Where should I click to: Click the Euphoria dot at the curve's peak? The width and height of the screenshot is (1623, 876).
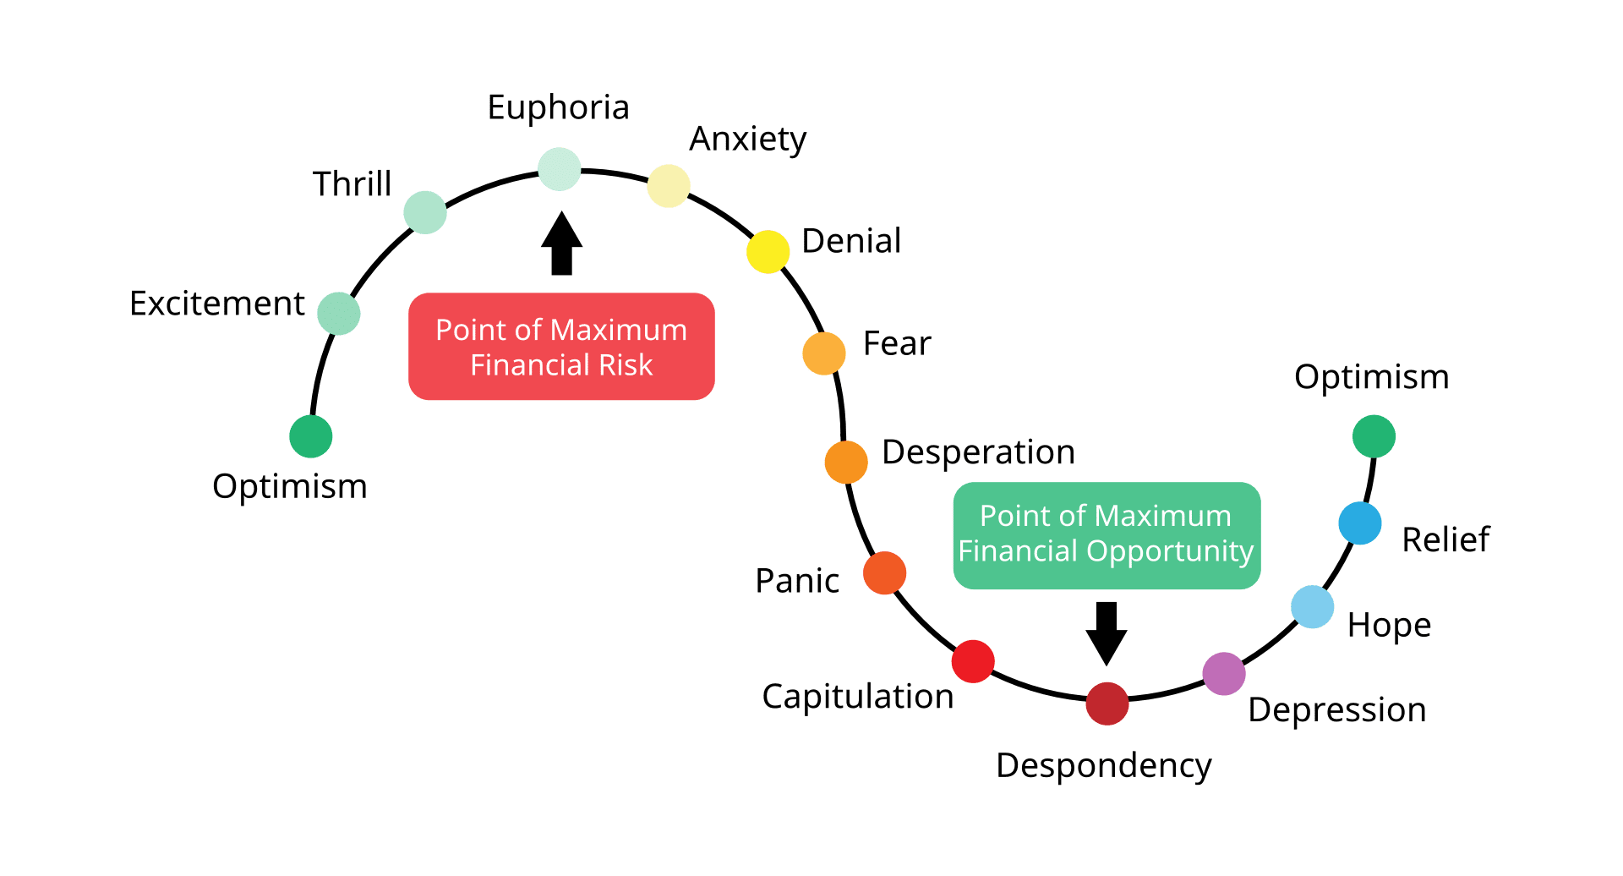(560, 169)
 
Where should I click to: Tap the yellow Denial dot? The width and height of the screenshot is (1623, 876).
(768, 251)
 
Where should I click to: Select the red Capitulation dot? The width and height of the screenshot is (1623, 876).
(973, 661)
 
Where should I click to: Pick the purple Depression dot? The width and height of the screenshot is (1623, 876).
(1224, 674)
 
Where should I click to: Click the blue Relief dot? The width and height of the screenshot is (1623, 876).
(1360, 523)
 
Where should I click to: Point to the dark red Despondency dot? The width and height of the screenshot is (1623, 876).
(1107, 704)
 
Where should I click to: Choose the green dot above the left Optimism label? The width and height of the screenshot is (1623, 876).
(311, 436)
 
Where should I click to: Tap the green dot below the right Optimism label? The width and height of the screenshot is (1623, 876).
(1374, 436)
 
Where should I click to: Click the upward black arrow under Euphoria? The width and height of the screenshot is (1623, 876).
(561, 244)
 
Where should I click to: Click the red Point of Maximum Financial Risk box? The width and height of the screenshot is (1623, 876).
(561, 347)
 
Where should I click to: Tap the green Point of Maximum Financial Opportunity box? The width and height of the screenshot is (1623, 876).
(1106, 534)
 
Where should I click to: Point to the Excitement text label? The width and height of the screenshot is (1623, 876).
(217, 304)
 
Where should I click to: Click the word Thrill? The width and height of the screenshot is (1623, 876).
(352, 184)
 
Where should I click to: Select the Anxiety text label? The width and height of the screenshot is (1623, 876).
(748, 140)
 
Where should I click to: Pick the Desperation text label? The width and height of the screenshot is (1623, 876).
(978, 452)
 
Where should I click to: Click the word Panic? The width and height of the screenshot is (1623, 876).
(797, 581)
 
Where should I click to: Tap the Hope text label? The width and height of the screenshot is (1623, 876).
(1389, 626)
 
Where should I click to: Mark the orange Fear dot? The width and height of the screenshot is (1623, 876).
(824, 353)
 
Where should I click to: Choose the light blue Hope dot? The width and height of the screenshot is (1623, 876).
(1313, 607)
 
